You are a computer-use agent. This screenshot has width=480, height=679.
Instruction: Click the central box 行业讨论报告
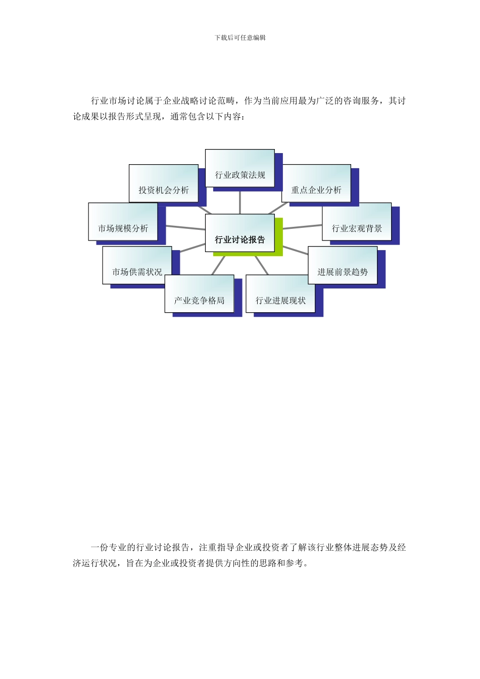click(239, 233)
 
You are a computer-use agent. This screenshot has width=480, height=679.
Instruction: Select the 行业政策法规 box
click(240, 168)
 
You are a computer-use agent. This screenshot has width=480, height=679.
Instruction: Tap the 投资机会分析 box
click(163, 183)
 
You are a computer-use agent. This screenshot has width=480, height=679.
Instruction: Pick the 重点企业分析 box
click(316, 183)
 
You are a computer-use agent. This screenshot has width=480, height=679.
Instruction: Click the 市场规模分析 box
click(123, 222)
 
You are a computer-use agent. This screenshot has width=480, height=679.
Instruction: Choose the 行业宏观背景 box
click(357, 222)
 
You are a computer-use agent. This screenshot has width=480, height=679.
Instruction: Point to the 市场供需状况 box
click(137, 265)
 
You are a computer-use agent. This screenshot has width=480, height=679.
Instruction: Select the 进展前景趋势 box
click(343, 265)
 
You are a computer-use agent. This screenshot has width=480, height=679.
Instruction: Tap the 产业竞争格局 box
click(199, 294)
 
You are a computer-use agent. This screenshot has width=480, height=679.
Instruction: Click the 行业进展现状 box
click(280, 294)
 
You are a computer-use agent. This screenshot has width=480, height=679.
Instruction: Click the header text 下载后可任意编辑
click(240, 37)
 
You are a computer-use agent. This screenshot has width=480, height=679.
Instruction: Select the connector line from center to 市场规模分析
click(185, 228)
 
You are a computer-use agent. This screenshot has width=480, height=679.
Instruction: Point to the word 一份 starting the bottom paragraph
click(100, 548)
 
